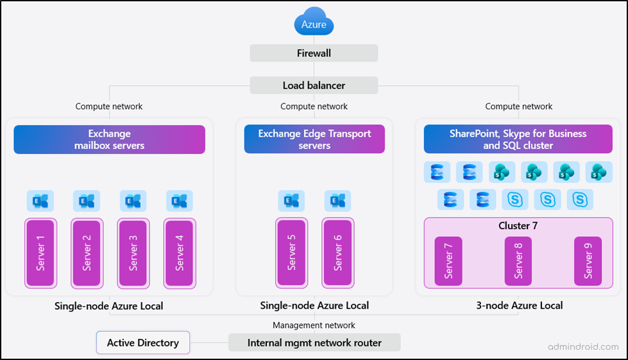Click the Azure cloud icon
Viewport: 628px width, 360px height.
[x=314, y=23]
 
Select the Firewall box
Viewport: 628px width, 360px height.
[x=314, y=53]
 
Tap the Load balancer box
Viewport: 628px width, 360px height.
[x=314, y=85]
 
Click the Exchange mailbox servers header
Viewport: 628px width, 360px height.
[x=109, y=139]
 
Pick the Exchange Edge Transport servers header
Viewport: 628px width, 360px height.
[x=314, y=139]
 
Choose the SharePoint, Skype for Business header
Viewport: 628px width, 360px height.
[x=518, y=139]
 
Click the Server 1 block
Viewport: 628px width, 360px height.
[x=40, y=253]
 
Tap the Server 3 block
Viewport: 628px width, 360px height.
[x=133, y=253]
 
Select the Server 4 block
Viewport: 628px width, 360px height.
[x=180, y=253]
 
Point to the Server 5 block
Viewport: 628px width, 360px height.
[x=291, y=253]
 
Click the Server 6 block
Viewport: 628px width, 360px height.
[x=337, y=253]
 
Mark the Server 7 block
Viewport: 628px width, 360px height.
[x=448, y=261]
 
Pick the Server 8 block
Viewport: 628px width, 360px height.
[x=518, y=261]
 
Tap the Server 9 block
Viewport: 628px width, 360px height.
[x=588, y=261]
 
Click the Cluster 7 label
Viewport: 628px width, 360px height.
[x=518, y=227]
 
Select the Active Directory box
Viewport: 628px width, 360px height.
[x=143, y=343]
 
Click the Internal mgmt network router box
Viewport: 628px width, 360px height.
[x=314, y=343]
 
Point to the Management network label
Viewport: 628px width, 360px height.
[x=314, y=325]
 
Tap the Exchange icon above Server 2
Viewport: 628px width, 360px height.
[x=87, y=201]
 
